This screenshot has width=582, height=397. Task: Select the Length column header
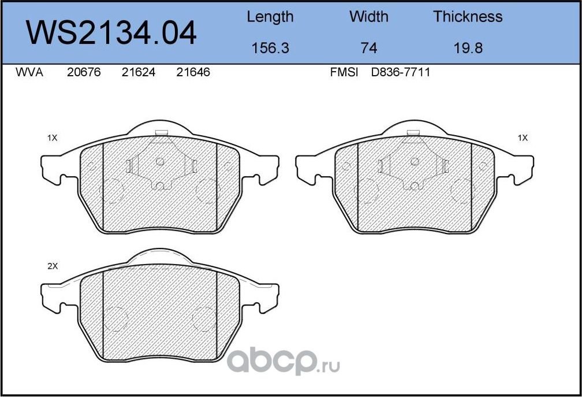coord(270,17)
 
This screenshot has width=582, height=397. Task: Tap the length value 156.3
coord(270,48)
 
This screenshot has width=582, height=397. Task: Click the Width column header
coord(369,17)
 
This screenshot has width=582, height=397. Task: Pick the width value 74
coord(369,48)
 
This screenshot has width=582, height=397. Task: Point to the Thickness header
coord(468,17)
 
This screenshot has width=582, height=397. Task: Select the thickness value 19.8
coord(468,48)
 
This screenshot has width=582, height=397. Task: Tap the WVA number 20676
coord(83,73)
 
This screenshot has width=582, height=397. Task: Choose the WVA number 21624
coord(139,73)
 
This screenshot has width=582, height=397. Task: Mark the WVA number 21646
coord(193,73)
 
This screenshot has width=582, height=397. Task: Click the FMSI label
coord(344,73)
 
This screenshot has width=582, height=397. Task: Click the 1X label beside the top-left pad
coord(53,138)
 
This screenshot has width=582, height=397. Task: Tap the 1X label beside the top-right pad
coord(523,138)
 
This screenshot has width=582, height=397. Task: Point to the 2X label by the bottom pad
coord(53,266)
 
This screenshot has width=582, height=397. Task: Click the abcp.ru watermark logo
coord(283,362)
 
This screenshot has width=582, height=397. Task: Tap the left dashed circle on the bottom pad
coord(115,318)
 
